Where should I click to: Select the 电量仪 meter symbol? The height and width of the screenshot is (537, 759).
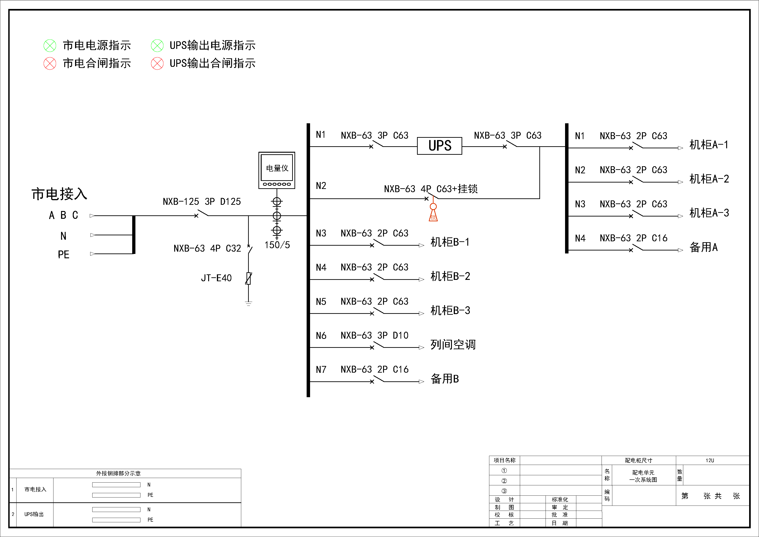coord(277,170)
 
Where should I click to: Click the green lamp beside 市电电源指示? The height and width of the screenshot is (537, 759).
coord(50,46)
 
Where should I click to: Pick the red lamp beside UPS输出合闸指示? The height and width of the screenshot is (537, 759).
coord(157,64)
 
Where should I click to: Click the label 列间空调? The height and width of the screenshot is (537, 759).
coord(453,345)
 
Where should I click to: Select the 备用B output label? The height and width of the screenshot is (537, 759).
coord(445,379)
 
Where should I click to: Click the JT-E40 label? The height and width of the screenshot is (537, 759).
coord(216,278)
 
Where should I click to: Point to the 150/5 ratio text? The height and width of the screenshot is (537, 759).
coord(277,245)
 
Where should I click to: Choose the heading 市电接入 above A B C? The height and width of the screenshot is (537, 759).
coord(59,194)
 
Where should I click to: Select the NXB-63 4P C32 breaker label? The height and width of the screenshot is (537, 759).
coord(207,248)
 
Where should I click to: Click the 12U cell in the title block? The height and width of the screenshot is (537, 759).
coord(710,460)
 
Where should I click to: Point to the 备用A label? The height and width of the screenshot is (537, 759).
coord(703,247)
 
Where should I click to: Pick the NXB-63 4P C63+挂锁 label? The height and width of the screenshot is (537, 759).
coord(431,189)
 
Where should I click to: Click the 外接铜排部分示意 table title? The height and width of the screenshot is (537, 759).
coord(118,473)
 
